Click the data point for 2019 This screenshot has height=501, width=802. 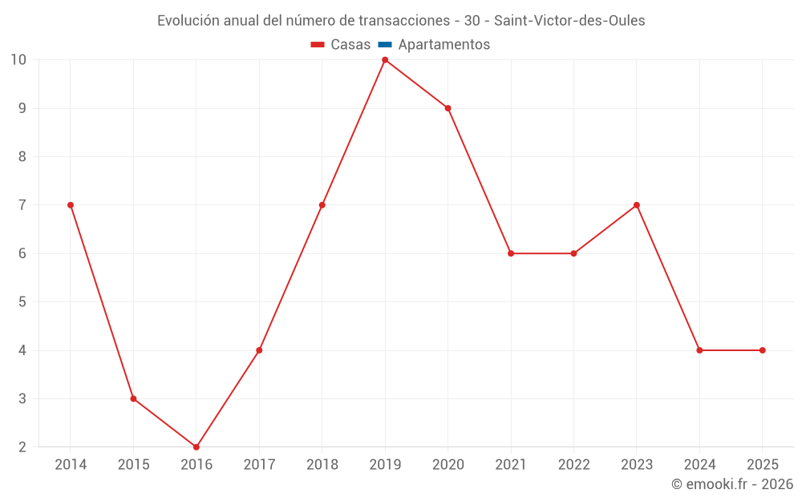click(385, 60)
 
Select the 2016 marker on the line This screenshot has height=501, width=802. click(196, 446)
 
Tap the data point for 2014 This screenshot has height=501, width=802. click(71, 205)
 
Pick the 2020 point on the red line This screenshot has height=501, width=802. click(448, 108)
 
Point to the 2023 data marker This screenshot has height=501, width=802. click(637, 205)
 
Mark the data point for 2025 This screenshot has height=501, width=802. click(763, 350)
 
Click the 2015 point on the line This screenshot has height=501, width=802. click(133, 398)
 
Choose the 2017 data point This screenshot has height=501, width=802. click(259, 350)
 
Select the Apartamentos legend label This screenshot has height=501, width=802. click(444, 45)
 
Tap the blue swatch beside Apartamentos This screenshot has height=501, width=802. click(385, 45)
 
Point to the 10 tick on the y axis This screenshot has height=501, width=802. click(18, 60)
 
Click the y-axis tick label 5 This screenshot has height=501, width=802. click(22, 302)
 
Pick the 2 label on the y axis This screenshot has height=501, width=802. click(22, 446)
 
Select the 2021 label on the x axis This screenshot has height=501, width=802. click(511, 465)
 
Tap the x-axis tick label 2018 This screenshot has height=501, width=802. click(322, 465)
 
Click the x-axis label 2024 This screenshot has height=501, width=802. click(699, 465)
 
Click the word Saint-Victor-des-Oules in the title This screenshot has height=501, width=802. click(569, 21)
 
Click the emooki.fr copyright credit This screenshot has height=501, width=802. click(732, 484)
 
